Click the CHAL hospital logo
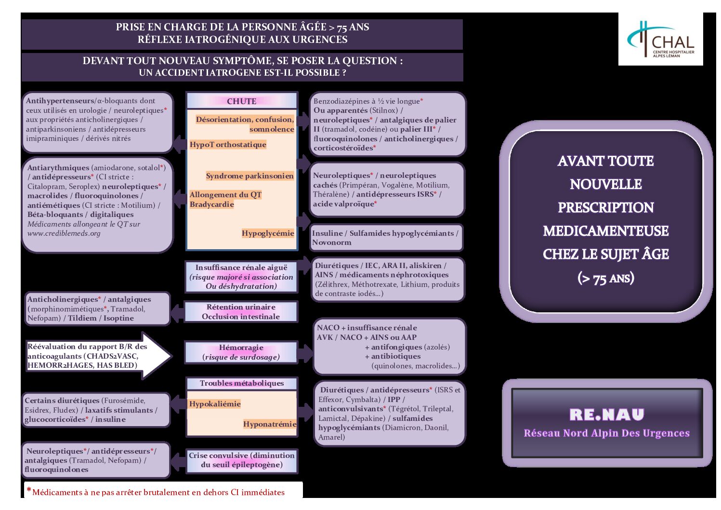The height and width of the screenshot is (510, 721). (660, 40)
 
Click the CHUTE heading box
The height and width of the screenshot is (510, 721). (242, 101)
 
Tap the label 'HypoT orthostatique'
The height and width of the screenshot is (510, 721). (228, 145)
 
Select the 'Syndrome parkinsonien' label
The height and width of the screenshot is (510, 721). (249, 176)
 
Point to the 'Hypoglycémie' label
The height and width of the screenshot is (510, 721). (268, 233)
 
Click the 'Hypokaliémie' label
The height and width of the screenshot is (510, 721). (215, 404)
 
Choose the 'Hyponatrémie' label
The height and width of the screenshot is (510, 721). (270, 424)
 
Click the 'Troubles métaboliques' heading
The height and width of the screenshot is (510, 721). (242, 383)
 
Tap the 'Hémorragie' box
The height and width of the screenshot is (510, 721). (241, 352)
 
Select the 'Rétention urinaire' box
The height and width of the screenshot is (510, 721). (241, 312)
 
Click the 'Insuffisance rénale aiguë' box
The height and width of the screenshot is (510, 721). (241, 277)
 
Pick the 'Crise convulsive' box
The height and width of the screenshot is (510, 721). (242, 460)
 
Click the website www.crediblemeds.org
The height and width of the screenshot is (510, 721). (64, 233)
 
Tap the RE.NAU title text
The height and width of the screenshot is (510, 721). (607, 415)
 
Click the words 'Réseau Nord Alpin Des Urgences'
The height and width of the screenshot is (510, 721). (607, 433)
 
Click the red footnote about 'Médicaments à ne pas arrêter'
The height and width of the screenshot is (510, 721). (159, 492)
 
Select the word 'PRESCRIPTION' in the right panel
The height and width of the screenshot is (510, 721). (606, 208)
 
